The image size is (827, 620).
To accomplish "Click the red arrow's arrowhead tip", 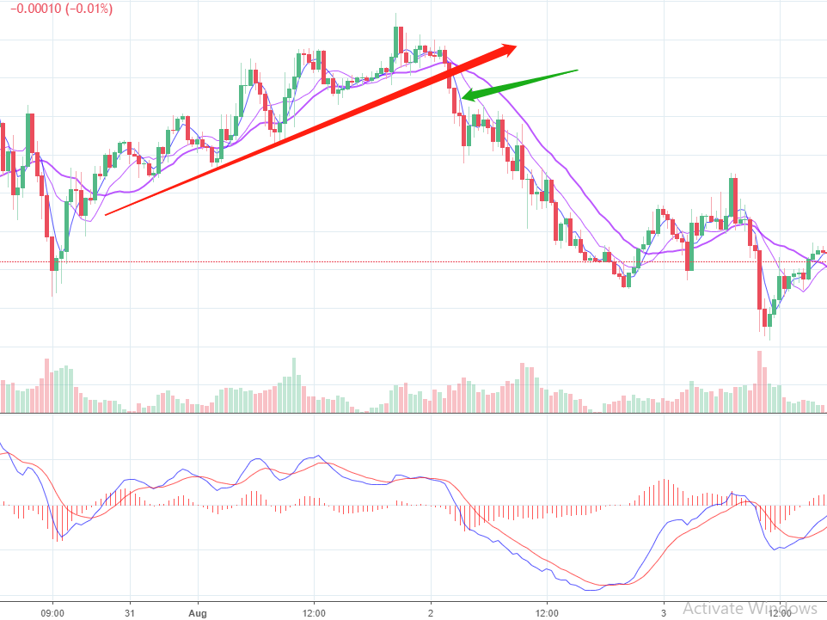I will pos(518,46).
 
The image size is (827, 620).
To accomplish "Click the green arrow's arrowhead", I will pos(465,98).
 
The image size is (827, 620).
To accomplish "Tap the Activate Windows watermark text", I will pos(750,608).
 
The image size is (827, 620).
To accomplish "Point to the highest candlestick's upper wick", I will pos(395,17).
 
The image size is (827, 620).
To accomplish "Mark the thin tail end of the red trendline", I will pos(106,214).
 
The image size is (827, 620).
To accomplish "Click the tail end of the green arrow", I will pos(577,71).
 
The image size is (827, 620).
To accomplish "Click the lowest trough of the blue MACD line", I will pos(592,590).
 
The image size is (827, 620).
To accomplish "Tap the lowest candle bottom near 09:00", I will pos(52,295).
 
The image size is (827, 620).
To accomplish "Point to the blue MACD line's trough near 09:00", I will pos(58,540).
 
